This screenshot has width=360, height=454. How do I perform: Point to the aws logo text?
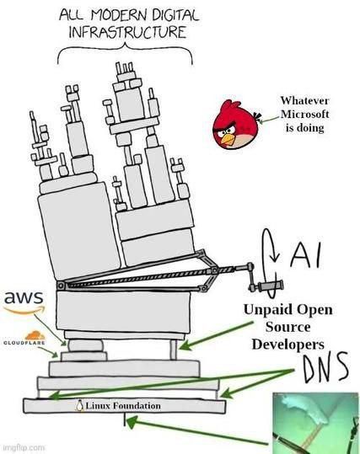(x=24, y=298)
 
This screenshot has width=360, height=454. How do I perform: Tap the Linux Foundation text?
(x=121, y=406)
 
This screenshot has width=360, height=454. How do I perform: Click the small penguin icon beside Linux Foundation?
(x=78, y=406)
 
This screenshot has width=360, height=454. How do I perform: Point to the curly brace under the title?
(x=124, y=53)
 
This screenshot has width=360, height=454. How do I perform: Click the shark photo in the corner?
(x=314, y=422)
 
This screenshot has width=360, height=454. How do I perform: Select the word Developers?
(x=287, y=344)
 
